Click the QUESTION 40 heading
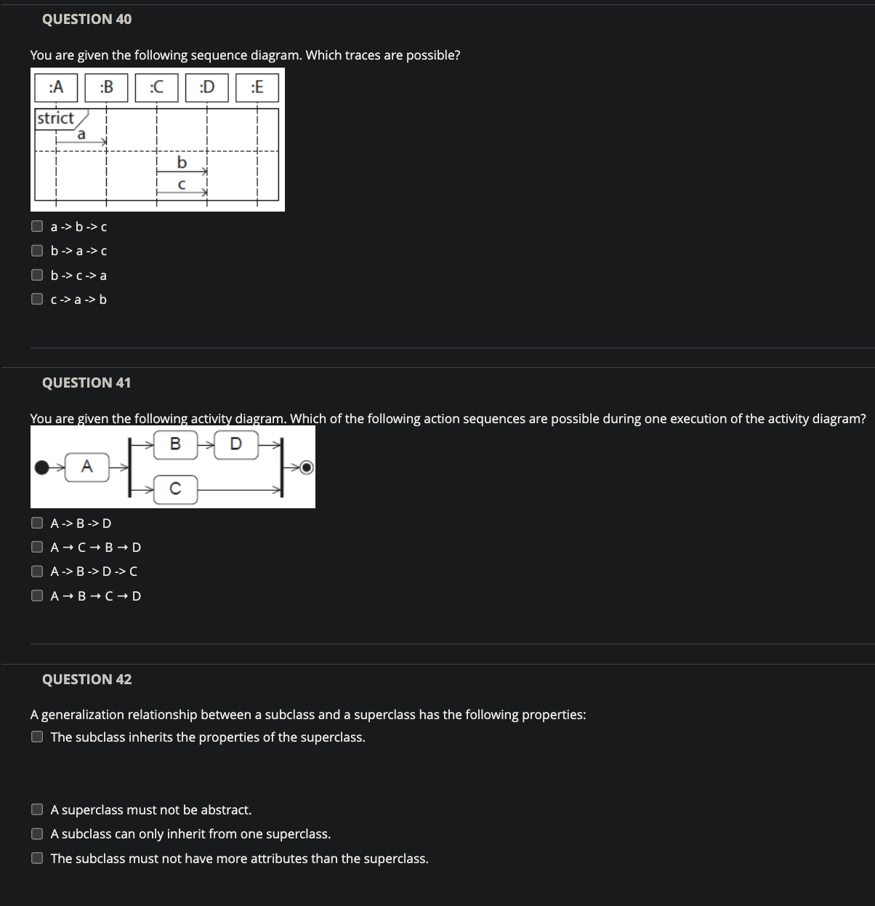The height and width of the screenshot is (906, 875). pyautogui.click(x=86, y=20)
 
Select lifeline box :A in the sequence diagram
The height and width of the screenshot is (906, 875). pyautogui.click(x=56, y=87)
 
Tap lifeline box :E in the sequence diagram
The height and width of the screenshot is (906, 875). pyautogui.click(x=257, y=87)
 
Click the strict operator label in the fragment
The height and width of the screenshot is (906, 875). pyautogui.click(x=56, y=118)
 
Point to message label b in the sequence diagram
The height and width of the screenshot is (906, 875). pyautogui.click(x=182, y=161)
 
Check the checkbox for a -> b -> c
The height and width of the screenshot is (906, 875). pyautogui.click(x=37, y=226)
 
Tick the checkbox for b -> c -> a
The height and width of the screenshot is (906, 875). pyautogui.click(x=37, y=275)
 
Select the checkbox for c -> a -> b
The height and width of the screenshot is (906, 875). pyautogui.click(x=37, y=299)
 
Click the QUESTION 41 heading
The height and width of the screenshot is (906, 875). pyautogui.click(x=86, y=382)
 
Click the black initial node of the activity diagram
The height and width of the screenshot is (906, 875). pyautogui.click(x=44, y=468)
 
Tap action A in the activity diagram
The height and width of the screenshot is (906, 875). pyautogui.click(x=86, y=467)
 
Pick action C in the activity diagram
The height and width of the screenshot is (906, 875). pyautogui.click(x=175, y=489)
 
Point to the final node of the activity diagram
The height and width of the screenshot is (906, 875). pyautogui.click(x=307, y=467)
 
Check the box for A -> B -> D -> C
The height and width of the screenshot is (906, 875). pyautogui.click(x=37, y=571)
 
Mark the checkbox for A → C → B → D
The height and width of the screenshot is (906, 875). pyautogui.click(x=37, y=547)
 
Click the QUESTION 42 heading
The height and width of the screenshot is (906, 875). pyautogui.click(x=86, y=679)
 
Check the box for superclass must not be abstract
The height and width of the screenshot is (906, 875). pyautogui.click(x=37, y=809)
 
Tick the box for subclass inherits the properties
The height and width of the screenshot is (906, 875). pyautogui.click(x=37, y=737)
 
